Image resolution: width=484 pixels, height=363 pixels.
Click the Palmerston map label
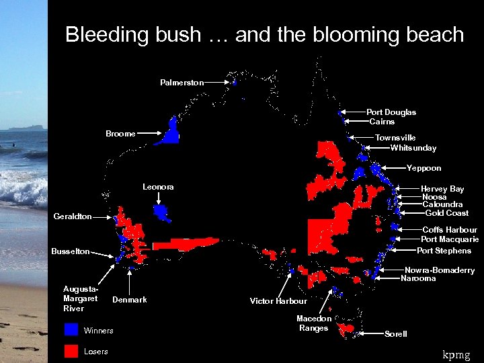pyautogui.click(x=182, y=83)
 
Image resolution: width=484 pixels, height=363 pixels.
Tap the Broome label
pyautogui.click(x=120, y=134)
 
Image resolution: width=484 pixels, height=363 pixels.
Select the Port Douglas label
pyautogui.click(x=391, y=112)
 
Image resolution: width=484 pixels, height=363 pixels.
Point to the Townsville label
pyautogui.click(x=395, y=138)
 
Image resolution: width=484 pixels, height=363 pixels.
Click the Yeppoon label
pyautogui.click(x=424, y=168)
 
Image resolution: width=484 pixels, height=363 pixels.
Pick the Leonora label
pyautogui.click(x=158, y=187)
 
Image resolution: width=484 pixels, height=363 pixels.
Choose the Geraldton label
pyautogui.click(x=73, y=217)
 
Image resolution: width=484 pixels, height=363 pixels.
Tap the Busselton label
pyautogui.click(x=71, y=251)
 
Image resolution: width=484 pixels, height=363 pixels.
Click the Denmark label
pyautogui.click(x=129, y=299)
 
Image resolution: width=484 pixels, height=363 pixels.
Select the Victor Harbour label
pyautogui.click(x=278, y=301)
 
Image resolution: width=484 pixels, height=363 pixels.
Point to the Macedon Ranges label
pyautogui.click(x=314, y=323)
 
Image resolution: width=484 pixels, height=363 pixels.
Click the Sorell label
pyautogui.click(x=395, y=334)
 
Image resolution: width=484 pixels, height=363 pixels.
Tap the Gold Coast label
pyautogui.click(x=447, y=213)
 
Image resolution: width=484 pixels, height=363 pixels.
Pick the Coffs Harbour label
pyautogui.click(x=450, y=230)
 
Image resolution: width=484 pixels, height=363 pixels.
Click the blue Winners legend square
pyautogui.click(x=71, y=330)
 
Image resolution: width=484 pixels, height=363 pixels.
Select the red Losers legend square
pyautogui.click(x=71, y=351)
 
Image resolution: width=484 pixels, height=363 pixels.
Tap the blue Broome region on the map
pyautogui.click(x=172, y=133)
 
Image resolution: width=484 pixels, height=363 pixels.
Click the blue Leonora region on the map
pyautogui.click(x=161, y=212)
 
